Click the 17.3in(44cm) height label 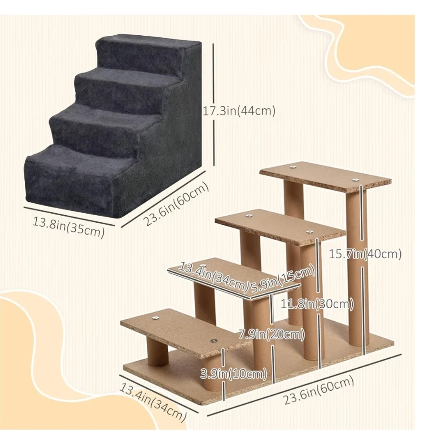pos(239,111)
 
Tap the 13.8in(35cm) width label pos(69,227)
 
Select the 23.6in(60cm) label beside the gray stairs pos(176,204)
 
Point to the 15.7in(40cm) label pos(365,254)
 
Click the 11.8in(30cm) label pos(317,303)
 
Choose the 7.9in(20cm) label pos(272,334)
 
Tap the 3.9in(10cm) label pos(234,374)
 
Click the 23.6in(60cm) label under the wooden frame pos(319,390)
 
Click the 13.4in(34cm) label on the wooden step pos(213,277)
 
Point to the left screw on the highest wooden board pos(293,167)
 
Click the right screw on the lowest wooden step pos(214,341)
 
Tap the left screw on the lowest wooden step pos(155,318)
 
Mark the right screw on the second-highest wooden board pos(309,231)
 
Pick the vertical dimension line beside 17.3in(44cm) pos(214,104)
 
